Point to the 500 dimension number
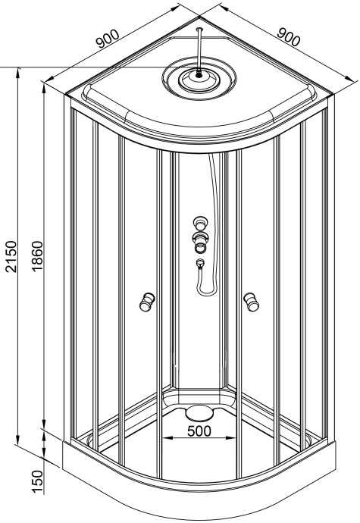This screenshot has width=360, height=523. [199, 431]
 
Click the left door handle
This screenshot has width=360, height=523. [146, 302]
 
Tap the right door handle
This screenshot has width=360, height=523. [251, 302]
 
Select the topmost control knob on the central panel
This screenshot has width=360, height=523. [200, 224]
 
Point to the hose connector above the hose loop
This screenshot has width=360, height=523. [200, 264]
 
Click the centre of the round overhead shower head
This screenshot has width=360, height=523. [199, 74]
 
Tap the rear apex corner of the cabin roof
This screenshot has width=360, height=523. [199, 17]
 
